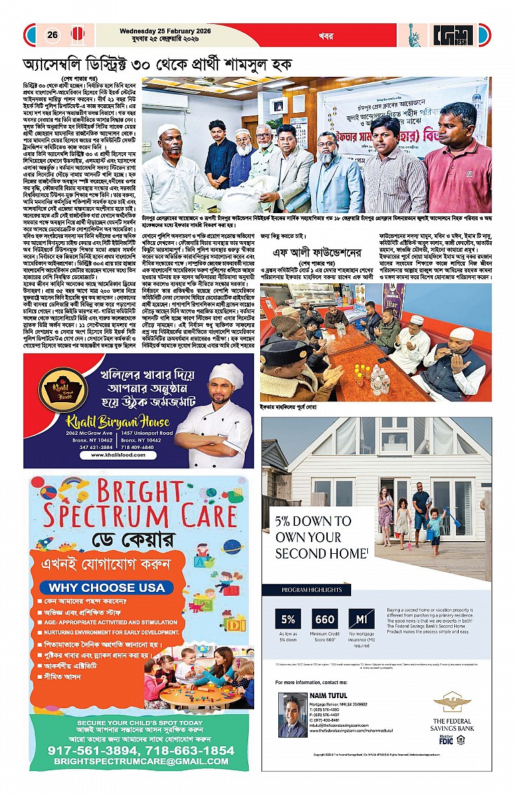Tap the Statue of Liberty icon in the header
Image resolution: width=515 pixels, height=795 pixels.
pyautogui.click(x=415, y=35)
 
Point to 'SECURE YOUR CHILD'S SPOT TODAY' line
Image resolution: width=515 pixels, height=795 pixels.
pyautogui.click(x=140, y=723)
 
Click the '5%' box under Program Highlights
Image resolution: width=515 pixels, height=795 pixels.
pyautogui.click(x=289, y=619)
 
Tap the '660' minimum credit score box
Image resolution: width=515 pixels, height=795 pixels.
pyautogui.click(x=325, y=619)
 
